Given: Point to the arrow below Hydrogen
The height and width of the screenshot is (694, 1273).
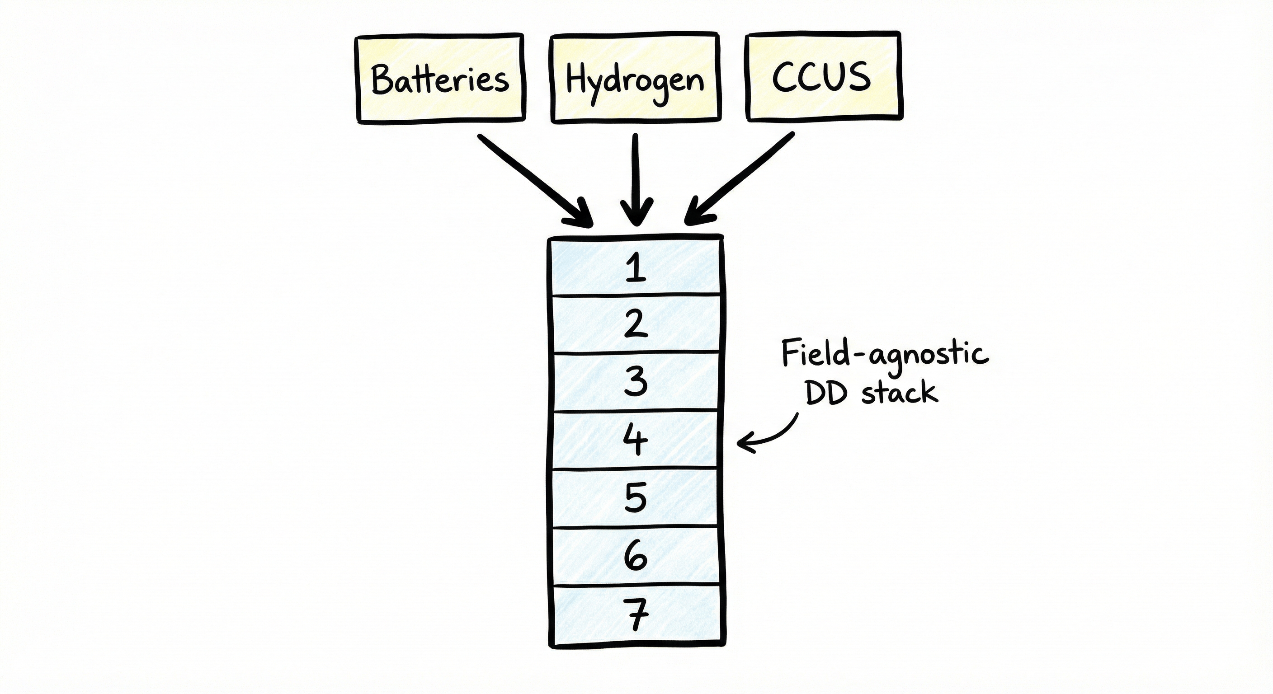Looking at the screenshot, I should pos(636,178).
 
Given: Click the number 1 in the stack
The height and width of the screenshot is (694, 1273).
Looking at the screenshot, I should pos(636,268).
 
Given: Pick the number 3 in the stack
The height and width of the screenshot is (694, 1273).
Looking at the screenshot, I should pos(636,381).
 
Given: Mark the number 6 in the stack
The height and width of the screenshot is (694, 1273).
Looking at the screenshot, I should pos(636,556).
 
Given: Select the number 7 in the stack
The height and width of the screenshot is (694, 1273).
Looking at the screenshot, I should pos(636,614).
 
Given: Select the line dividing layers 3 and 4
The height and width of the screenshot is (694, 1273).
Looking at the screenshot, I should pos(636,411).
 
